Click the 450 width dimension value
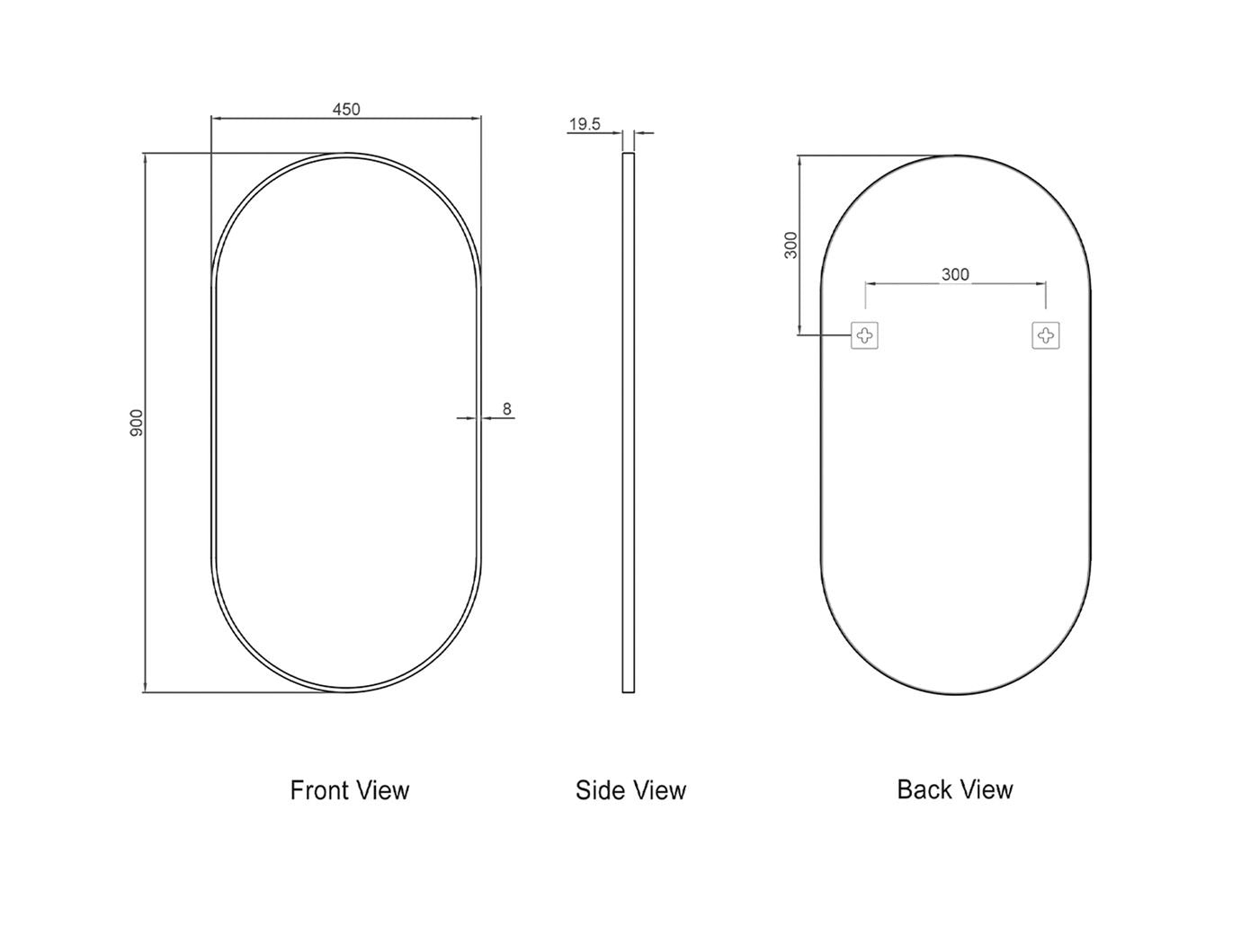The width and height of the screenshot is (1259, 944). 346,110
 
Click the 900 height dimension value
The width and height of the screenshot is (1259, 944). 137,423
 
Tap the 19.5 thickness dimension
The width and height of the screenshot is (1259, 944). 585,124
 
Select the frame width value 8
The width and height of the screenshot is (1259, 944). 506,409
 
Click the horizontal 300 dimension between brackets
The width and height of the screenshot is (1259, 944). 955,274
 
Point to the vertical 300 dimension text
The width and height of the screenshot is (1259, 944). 791,245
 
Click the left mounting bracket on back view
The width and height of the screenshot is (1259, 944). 864,335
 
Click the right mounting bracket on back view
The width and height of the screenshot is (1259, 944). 1045,335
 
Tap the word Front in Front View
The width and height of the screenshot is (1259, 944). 319,790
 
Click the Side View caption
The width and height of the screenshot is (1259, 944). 630,790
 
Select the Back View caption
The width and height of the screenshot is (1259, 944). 955,789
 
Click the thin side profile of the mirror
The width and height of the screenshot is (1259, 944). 629,423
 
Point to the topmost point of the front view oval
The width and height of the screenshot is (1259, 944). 346,154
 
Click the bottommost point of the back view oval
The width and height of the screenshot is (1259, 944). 956,693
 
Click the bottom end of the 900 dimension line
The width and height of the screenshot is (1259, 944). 144,691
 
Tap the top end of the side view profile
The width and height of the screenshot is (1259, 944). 629,155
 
